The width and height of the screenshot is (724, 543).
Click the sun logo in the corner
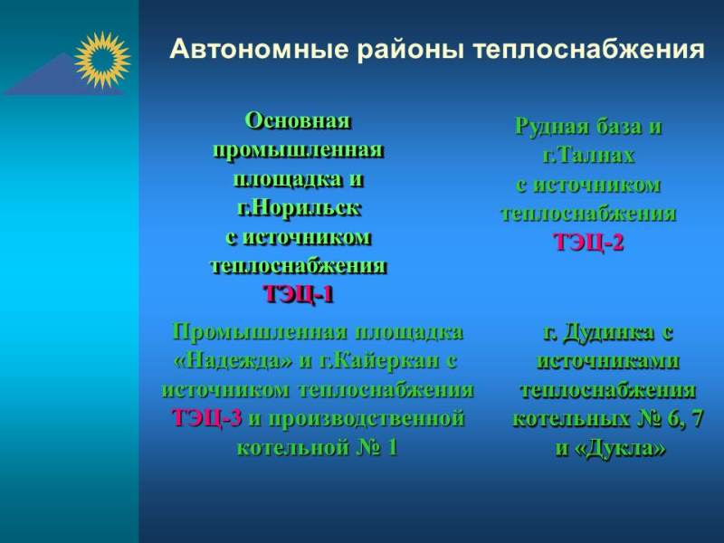[x=102, y=60]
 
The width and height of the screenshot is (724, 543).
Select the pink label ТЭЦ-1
[x=299, y=293]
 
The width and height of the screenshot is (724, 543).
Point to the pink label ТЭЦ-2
[x=588, y=242]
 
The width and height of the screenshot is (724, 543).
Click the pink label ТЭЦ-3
[x=206, y=418]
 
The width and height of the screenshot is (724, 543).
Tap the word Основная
[x=298, y=121]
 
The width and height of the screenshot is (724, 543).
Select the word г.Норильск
[x=299, y=208]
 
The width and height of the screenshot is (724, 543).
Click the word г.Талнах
[x=588, y=155]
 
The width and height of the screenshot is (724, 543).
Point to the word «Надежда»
[x=233, y=360]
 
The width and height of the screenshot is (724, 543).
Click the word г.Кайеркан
[x=379, y=360]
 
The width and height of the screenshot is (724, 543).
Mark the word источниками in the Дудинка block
[x=607, y=360]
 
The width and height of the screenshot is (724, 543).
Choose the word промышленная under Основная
[x=298, y=150]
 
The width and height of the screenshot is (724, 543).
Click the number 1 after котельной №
[x=392, y=447]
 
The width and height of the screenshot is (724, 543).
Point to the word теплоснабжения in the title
[x=589, y=50]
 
